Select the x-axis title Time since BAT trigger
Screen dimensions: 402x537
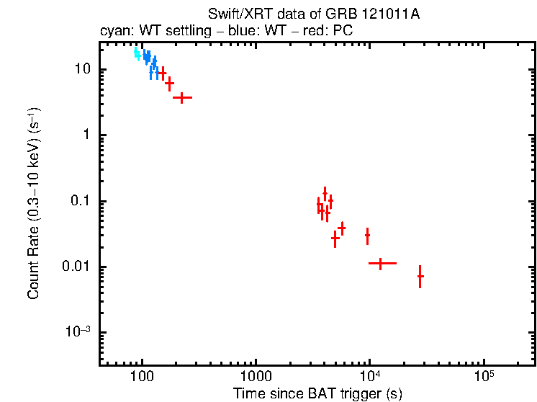(x=317, y=393)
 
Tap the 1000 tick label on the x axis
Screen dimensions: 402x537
(x=256, y=377)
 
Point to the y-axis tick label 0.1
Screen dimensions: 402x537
(x=78, y=201)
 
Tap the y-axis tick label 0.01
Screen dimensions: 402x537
(x=75, y=267)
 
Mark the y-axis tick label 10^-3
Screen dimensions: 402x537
(x=78, y=332)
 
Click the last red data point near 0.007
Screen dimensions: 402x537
(x=420, y=276)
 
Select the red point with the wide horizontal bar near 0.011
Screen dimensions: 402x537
(x=381, y=264)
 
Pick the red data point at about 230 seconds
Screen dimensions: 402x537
(x=182, y=97)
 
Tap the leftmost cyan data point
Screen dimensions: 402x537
(x=135, y=52)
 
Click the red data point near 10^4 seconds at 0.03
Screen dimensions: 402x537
(x=368, y=235)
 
